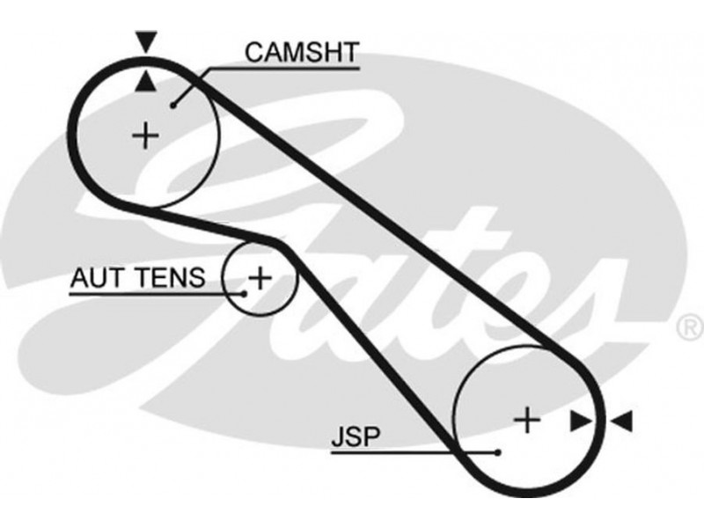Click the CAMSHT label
302,52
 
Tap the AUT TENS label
138,278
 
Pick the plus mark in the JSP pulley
527,421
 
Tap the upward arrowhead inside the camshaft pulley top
144,83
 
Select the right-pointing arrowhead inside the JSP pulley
580,422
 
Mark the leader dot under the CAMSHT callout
175,105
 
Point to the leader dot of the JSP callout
498,452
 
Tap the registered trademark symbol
687,328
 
